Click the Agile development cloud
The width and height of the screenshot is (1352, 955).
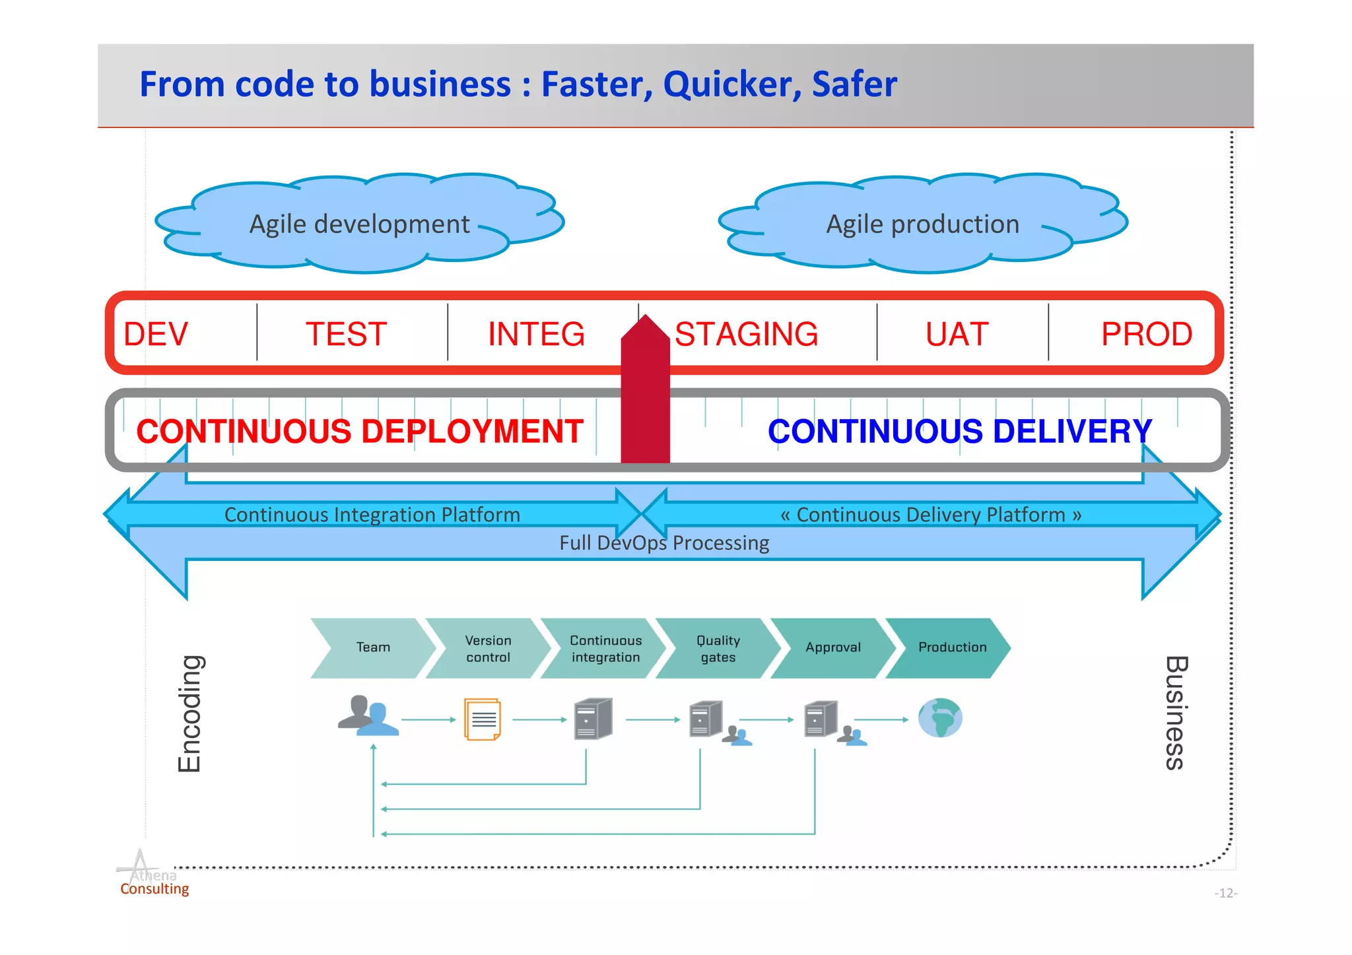[360, 224]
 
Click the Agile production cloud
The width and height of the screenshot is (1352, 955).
[923, 224]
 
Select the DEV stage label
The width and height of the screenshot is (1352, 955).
[156, 334]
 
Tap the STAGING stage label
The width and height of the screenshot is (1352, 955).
[746, 334]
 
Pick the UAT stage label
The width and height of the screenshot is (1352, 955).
[957, 334]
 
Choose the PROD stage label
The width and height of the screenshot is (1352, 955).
[1147, 334]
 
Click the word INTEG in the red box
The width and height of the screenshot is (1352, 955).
[536, 334]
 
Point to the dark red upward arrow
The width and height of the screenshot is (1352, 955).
[645, 396]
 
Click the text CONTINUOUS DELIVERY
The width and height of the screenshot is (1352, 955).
[959, 431]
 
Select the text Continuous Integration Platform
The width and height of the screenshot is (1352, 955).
[372, 514]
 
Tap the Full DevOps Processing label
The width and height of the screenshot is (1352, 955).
[664, 543]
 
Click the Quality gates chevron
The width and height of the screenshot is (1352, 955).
[718, 648]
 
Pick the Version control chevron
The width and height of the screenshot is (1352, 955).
[488, 648]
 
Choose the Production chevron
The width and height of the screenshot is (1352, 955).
[952, 647]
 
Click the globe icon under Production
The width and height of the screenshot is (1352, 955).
[940, 718]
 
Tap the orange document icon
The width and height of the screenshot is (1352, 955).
[483, 719]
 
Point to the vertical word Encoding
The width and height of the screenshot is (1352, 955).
[189, 713]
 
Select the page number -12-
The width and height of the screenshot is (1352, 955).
[1225, 893]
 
